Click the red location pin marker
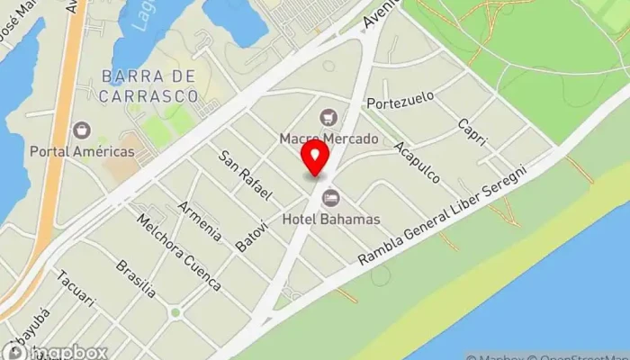pos(315,158)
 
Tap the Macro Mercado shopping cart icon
pos(328,116)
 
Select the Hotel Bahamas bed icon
pos(330,197)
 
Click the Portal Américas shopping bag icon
pos(83,131)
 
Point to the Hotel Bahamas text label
pos(330,219)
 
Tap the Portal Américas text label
pos(82,151)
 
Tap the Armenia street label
pos(199,220)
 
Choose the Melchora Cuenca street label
pos(178,253)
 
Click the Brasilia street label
pos(136,279)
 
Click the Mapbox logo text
pos(67,352)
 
